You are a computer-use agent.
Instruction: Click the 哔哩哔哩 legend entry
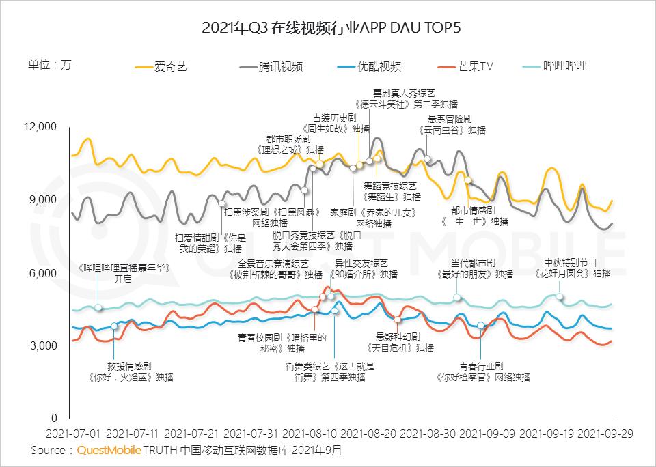[564, 66]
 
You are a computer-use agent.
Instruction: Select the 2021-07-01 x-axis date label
[73, 434]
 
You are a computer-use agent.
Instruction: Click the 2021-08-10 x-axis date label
[309, 434]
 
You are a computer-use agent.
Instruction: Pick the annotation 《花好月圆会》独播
[573, 274]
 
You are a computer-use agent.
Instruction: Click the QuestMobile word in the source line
[109, 450]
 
